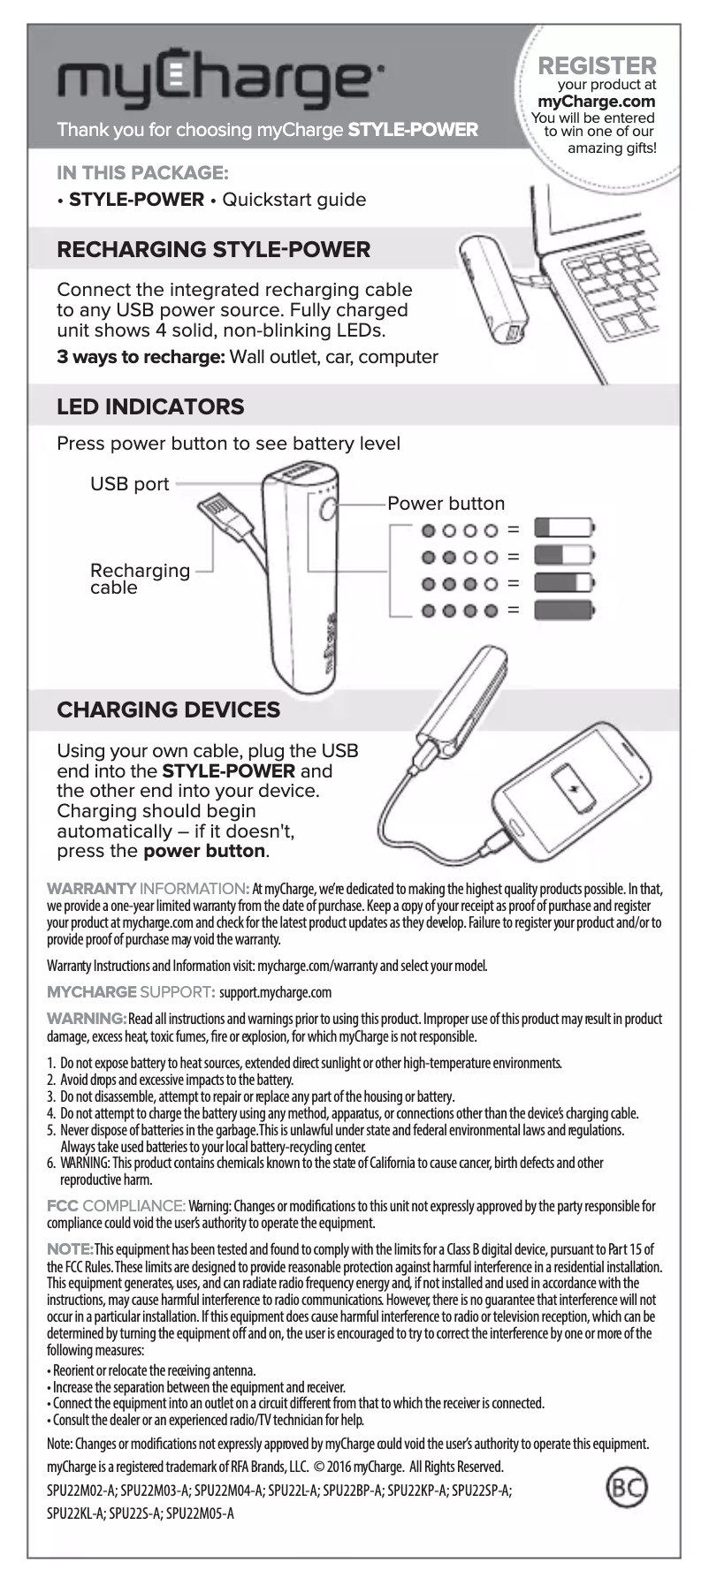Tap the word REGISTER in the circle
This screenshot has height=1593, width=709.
pos(597,65)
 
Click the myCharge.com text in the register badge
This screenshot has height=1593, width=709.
pos(597,102)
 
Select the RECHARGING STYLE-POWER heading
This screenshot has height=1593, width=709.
pos(213,249)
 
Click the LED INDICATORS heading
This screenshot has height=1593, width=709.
pos(150,406)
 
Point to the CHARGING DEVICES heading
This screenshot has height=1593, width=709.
pos(168,709)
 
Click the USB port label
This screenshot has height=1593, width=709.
pos(129,484)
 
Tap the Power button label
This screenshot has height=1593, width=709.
pos(446,504)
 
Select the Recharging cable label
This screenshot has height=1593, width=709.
pos(139,579)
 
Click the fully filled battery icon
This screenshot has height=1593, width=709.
pos(564,610)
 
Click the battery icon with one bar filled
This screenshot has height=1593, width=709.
pos(564,528)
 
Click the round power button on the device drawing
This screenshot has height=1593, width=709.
pos(328,510)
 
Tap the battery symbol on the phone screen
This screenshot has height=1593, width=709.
pos(574,789)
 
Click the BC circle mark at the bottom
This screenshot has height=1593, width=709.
pos(626,1487)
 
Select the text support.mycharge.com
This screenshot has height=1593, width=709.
pos(275,992)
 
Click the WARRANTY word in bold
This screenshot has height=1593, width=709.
pos(91,888)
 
